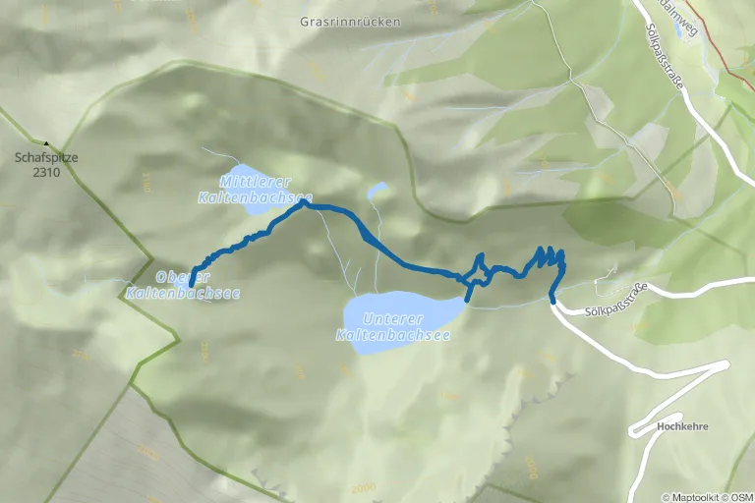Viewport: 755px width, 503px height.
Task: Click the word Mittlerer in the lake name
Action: click(x=245, y=183)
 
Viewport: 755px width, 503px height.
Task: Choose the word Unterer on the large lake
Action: click(x=392, y=319)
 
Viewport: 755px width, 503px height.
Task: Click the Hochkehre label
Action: click(x=684, y=426)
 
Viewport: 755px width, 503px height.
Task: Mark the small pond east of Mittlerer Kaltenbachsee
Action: click(x=377, y=191)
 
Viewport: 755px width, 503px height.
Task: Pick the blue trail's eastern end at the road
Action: click(x=552, y=301)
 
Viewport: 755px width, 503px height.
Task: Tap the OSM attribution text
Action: click(x=741, y=497)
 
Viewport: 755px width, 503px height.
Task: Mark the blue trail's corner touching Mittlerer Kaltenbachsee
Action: click(x=305, y=204)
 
